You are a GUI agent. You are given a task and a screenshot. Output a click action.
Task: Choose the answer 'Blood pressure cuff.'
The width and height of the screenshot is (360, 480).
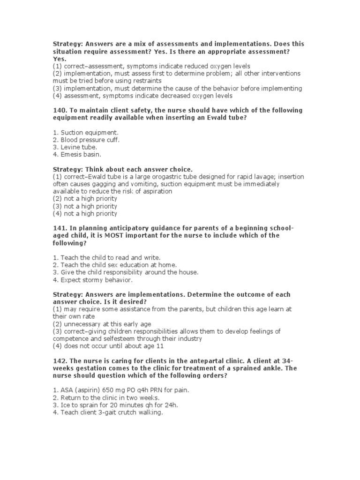coord(86,140)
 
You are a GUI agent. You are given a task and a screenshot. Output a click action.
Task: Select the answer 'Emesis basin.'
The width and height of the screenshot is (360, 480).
coord(80,154)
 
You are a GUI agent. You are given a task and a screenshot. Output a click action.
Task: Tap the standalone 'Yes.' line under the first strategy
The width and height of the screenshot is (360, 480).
coord(59,59)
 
